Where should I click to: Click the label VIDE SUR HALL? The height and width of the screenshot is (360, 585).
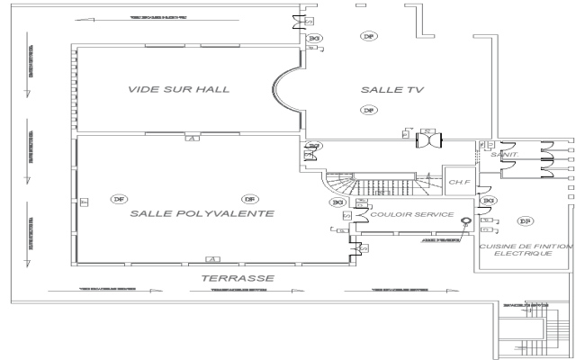click(x=178, y=89)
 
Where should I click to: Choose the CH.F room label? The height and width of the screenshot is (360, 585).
click(x=457, y=182)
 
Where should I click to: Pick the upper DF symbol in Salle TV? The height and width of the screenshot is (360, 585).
click(x=367, y=36)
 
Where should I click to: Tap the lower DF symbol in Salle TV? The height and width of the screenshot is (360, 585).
click(x=367, y=110)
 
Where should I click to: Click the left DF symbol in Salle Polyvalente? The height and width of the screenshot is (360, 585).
click(x=117, y=198)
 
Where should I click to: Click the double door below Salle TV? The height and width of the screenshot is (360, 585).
click(x=432, y=142)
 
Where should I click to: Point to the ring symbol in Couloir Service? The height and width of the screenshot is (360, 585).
click(x=466, y=221)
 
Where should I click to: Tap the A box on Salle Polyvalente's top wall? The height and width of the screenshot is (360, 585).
click(x=190, y=138)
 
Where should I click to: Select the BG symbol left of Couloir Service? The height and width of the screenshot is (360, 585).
click(x=338, y=203)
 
